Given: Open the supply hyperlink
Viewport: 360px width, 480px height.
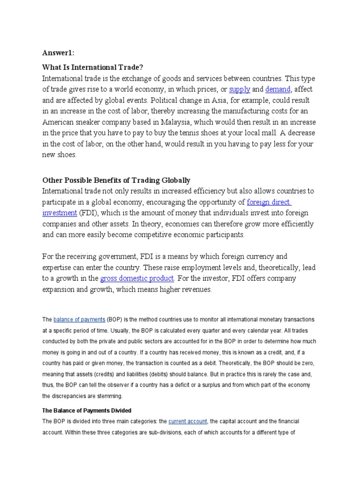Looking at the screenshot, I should click(x=239, y=89).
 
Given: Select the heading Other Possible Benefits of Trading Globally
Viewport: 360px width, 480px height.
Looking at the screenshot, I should click(x=116, y=180).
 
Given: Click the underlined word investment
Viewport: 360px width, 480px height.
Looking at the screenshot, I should click(x=60, y=213).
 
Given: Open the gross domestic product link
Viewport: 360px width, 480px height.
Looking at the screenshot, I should click(x=137, y=278).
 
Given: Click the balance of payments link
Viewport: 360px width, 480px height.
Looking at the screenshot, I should click(x=79, y=320).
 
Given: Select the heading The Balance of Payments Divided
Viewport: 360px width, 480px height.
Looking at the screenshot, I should click(x=87, y=411).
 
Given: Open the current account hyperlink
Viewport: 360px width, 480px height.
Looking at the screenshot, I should click(x=187, y=421).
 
